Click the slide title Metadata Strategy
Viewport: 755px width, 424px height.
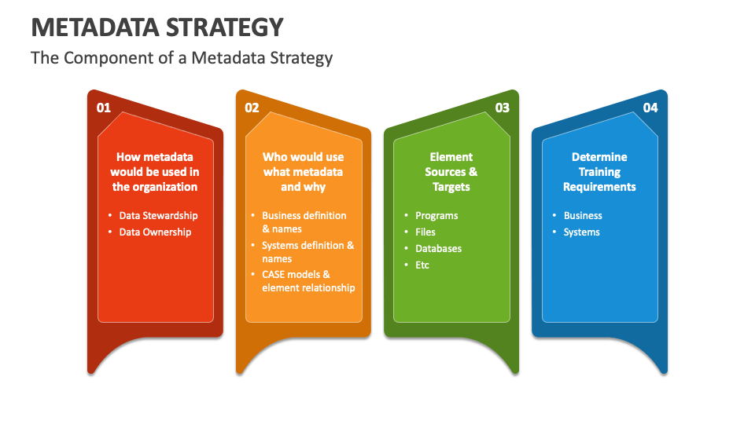click(157, 27)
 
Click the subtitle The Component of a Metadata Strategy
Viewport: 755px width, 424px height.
click(182, 58)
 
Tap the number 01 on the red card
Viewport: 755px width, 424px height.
click(104, 108)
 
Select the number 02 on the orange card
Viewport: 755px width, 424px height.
click(252, 108)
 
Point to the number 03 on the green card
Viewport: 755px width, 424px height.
click(502, 108)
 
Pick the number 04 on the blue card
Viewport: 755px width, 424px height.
click(650, 108)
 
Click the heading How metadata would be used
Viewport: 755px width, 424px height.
click(155, 172)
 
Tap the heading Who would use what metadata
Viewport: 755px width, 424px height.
click(303, 172)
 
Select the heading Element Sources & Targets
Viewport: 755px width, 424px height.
click(451, 172)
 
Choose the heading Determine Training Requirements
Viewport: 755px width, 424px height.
click(599, 172)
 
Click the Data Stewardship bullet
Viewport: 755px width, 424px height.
click(158, 215)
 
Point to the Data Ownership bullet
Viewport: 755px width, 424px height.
click(155, 232)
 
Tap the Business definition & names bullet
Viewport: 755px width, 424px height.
click(304, 222)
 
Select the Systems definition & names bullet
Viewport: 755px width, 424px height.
click(308, 252)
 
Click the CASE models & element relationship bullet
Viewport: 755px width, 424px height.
click(308, 281)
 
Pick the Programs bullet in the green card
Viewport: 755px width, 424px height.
click(436, 215)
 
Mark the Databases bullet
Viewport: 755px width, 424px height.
click(438, 248)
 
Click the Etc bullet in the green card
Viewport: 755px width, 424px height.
click(422, 265)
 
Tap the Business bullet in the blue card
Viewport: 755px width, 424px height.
click(583, 215)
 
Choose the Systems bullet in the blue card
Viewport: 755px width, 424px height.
click(581, 232)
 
